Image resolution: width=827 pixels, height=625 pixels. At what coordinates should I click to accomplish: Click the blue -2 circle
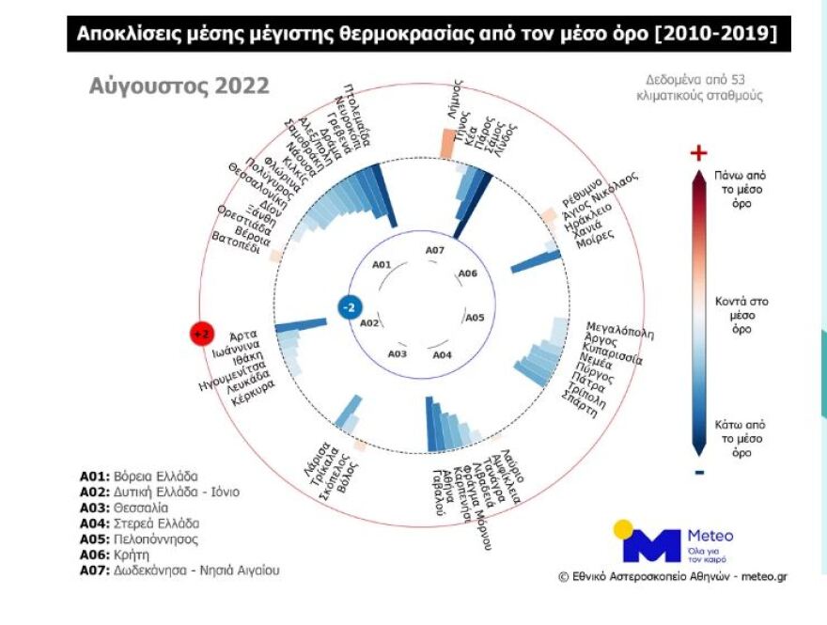[x=347, y=308]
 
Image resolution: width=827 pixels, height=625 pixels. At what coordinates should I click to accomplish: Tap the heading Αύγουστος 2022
[x=179, y=86]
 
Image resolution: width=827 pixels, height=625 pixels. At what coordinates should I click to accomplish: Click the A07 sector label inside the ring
[x=434, y=250]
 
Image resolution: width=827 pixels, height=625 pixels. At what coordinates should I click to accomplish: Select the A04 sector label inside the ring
[x=442, y=355]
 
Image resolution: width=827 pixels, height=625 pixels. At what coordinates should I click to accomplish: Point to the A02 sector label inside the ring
[x=369, y=322]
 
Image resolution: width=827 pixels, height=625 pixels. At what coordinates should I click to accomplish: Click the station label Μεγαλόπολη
[x=619, y=328]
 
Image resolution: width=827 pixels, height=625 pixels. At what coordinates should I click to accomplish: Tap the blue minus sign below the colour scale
[x=698, y=472]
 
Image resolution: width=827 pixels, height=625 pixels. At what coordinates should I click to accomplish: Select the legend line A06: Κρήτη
[x=123, y=555]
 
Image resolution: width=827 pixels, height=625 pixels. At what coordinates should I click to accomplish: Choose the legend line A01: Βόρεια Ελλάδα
[x=138, y=476]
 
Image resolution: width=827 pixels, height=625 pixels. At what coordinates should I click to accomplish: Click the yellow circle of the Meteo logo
[x=623, y=530]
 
